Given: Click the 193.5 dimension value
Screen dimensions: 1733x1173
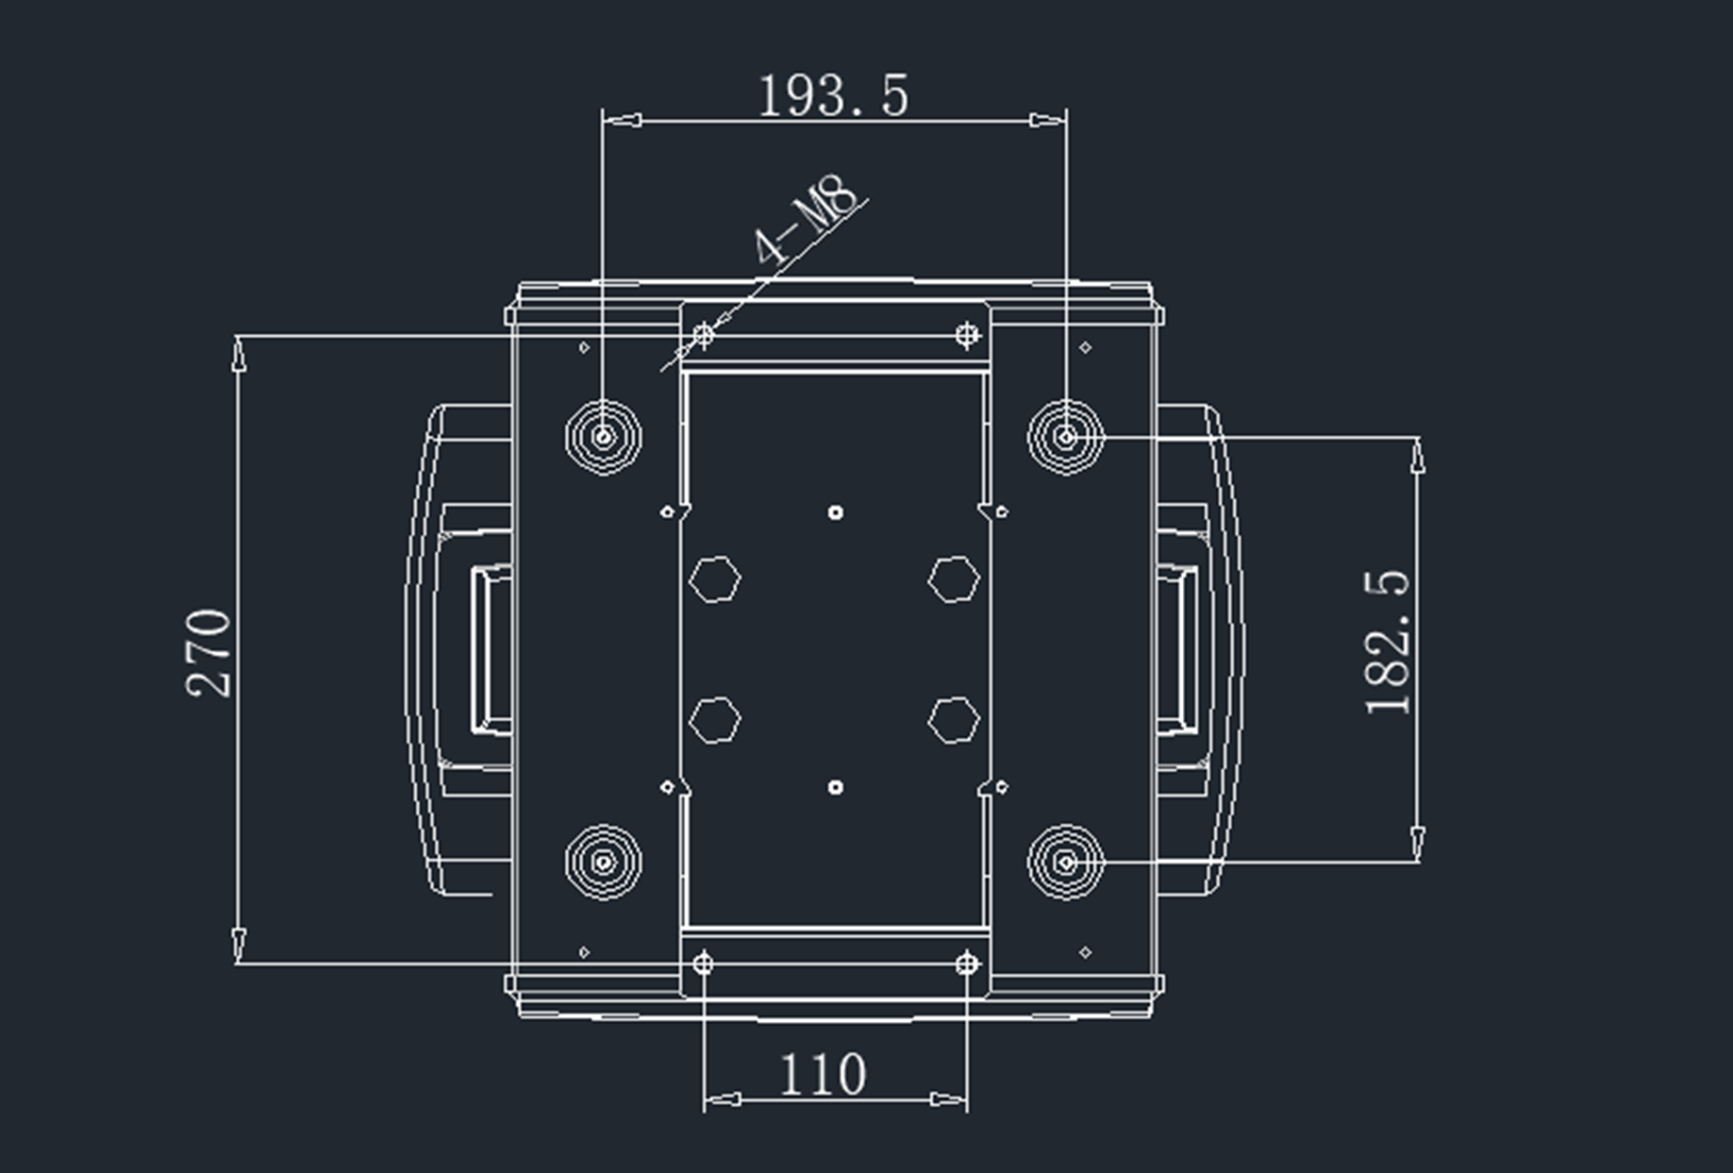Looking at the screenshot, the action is click(x=833, y=96).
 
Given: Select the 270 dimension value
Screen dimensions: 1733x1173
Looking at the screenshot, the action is click(x=209, y=653).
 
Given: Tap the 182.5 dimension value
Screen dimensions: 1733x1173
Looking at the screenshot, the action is click(x=1388, y=643).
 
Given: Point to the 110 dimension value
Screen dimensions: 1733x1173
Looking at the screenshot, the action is click(x=823, y=1075).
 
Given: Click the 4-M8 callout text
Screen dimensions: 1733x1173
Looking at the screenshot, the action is click(x=807, y=219).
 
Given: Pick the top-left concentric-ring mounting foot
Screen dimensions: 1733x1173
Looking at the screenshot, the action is click(x=604, y=437).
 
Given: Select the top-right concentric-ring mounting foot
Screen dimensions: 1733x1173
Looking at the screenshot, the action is click(x=1065, y=437).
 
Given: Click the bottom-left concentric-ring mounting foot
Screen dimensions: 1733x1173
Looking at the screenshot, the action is click(x=604, y=862).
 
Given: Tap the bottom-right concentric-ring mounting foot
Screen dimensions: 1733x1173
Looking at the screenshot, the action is click(x=1065, y=862).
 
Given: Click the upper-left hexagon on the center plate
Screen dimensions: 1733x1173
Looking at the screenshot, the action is click(x=715, y=578).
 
